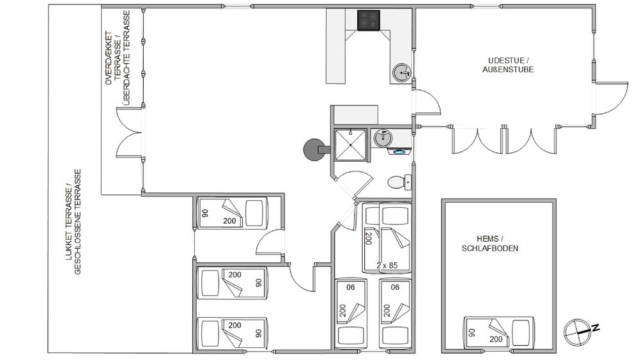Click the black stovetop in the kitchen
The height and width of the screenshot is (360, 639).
pyautogui.click(x=369, y=20)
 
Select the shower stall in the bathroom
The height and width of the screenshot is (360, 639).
pyautogui.click(x=350, y=145)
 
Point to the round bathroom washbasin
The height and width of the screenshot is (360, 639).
pyautogui.click(x=383, y=138)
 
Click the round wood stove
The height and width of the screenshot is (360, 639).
pyautogui.click(x=314, y=150)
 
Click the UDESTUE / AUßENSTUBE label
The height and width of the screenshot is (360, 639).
pyautogui.click(x=508, y=65)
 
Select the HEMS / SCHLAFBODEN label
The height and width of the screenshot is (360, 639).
pyautogui.click(x=490, y=244)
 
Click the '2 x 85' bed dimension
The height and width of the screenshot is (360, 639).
pyautogui.click(x=387, y=265)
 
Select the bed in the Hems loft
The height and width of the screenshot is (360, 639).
pyautogui.click(x=499, y=333)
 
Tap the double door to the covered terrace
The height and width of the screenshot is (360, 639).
pyautogui.click(x=129, y=132)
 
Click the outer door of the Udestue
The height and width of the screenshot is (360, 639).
pyautogui.click(x=612, y=98)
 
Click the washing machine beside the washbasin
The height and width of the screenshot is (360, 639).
pyautogui.click(x=399, y=152)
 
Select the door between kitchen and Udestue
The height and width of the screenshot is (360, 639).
pyautogui.click(x=426, y=102)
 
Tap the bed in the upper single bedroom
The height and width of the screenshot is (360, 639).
pyautogui.click(x=233, y=213)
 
